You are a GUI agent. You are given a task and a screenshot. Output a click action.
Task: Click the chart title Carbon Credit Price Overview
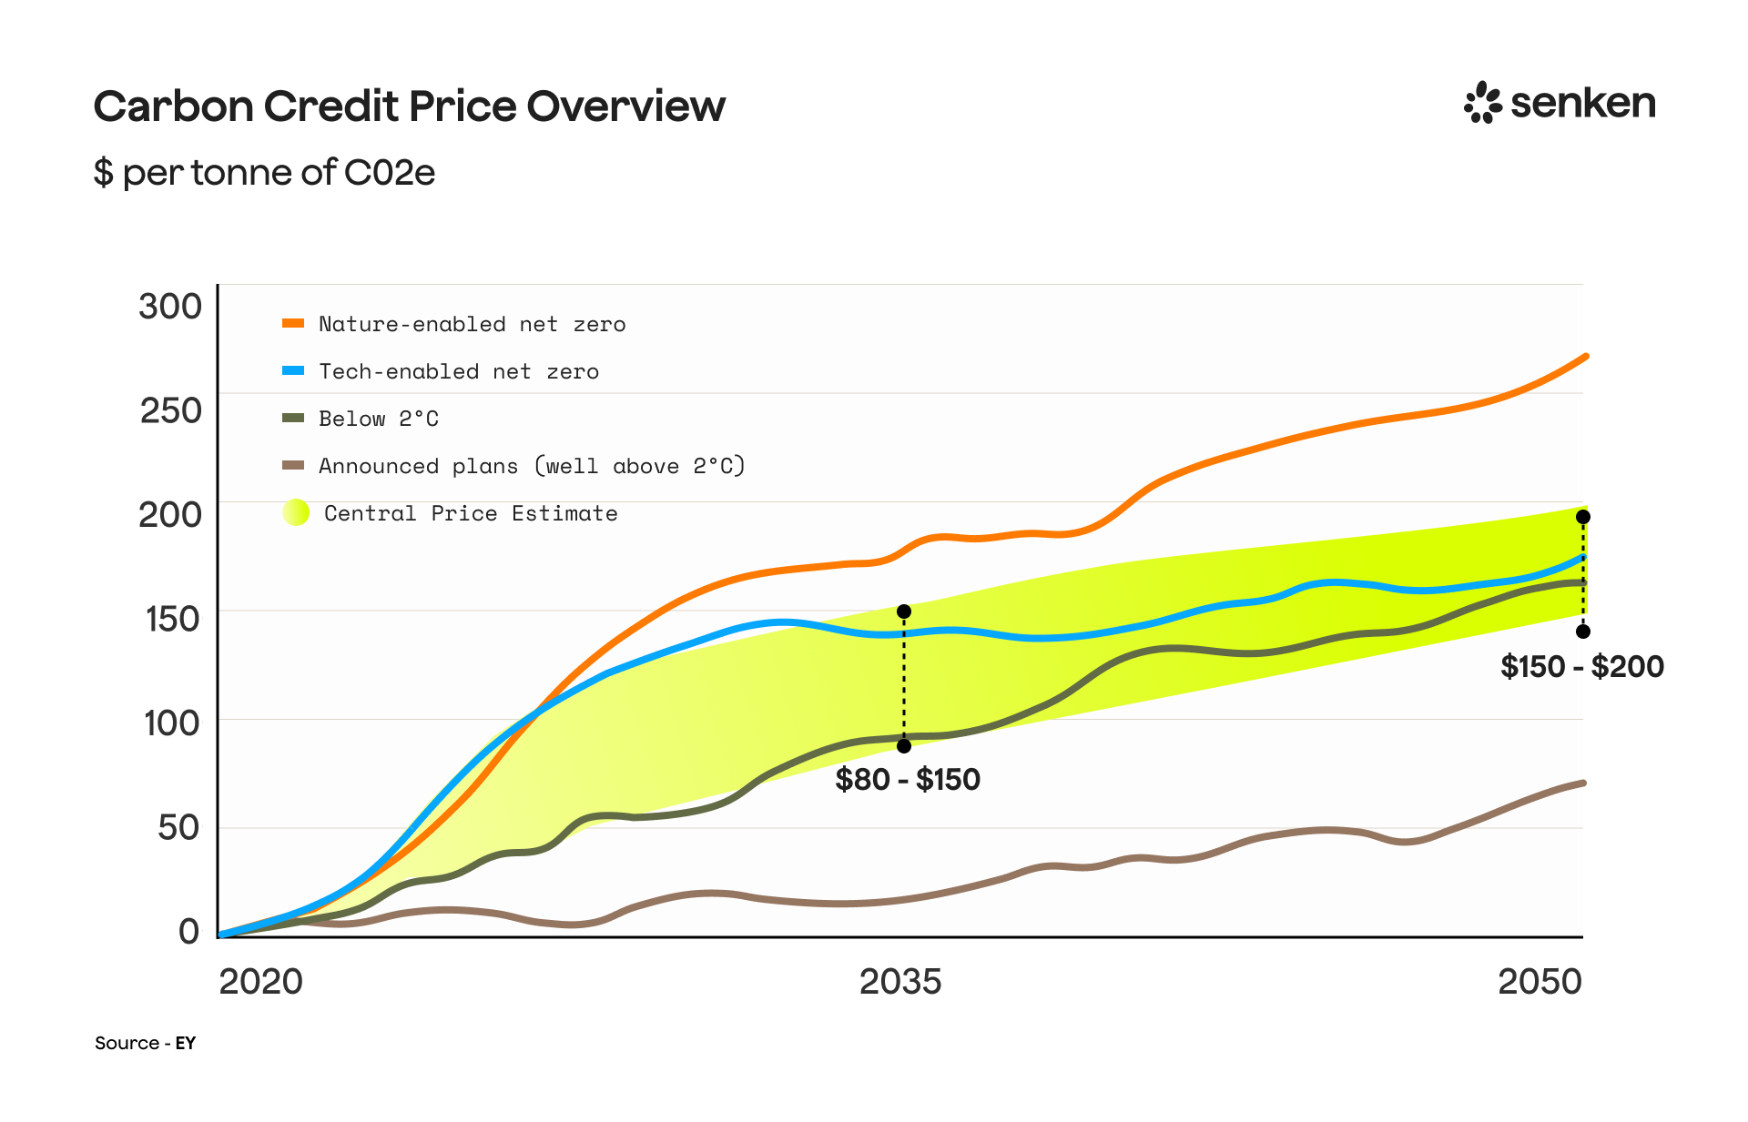click(409, 106)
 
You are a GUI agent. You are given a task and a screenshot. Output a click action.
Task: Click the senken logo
click(1560, 103)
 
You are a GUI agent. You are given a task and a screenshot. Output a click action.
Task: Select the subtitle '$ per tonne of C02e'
click(264, 172)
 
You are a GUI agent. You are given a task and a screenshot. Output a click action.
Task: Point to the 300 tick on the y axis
click(170, 307)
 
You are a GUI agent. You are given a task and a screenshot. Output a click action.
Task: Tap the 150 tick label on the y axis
click(172, 619)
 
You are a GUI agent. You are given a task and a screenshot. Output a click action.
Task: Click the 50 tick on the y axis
click(178, 827)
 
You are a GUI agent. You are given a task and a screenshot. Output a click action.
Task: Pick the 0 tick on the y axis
click(188, 931)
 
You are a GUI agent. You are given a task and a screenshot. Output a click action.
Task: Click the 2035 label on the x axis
click(900, 981)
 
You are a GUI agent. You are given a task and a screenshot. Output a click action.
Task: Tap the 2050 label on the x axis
click(1540, 981)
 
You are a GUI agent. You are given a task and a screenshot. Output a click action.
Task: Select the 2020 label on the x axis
click(260, 981)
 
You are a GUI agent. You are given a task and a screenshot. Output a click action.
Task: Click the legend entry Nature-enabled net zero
click(472, 324)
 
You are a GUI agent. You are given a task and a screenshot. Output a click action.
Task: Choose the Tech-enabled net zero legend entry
click(458, 371)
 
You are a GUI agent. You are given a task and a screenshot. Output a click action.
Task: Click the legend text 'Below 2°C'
click(378, 419)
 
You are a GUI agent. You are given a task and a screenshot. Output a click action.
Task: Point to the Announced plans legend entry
click(531, 466)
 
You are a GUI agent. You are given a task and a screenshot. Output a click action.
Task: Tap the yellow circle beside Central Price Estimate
click(296, 513)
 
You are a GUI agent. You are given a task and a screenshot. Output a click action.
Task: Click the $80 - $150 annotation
click(908, 779)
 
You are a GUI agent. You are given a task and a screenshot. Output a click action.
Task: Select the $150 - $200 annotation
click(1581, 666)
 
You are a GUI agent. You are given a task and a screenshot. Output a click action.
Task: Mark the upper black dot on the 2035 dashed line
click(904, 612)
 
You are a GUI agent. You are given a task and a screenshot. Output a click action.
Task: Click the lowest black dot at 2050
click(1583, 632)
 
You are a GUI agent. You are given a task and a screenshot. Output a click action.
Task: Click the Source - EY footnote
click(145, 1043)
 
